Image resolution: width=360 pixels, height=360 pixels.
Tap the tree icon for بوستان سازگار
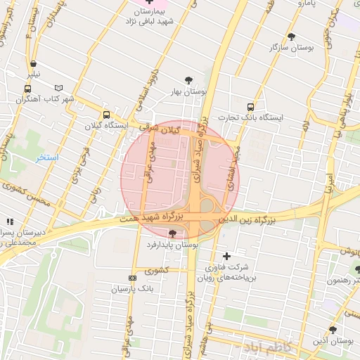pos(292,37)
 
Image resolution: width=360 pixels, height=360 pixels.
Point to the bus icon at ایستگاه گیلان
pos(106,115)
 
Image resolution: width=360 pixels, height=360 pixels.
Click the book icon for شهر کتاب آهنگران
pos(58,89)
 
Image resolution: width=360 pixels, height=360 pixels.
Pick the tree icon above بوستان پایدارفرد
pos(173,233)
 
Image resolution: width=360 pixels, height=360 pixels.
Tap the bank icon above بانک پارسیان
pos(132,278)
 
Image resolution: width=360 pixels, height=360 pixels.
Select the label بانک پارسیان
pos(132,289)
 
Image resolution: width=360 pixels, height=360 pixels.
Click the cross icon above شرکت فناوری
pos(226,256)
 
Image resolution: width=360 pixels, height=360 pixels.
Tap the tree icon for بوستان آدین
pos(332,330)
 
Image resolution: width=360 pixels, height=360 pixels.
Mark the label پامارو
pos(307,4)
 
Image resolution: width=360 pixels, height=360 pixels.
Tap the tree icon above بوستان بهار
pos(188,80)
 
